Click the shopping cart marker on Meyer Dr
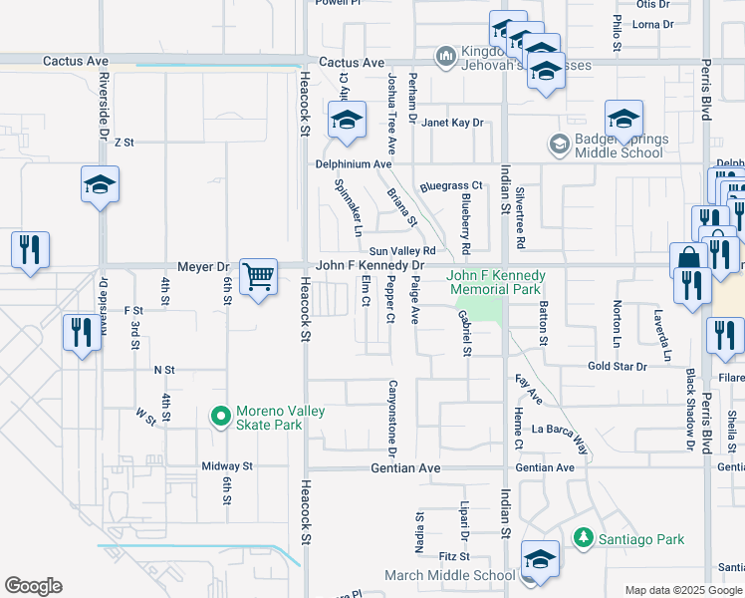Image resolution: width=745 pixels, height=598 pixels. click(x=258, y=277)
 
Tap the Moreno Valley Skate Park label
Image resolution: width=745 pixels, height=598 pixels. click(x=280, y=418)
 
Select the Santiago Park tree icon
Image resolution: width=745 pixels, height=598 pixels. click(x=584, y=538)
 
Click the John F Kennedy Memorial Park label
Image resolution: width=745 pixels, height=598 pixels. click(x=495, y=282)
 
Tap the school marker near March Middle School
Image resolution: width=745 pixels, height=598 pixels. click(x=540, y=560)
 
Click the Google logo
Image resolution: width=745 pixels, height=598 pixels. click(x=33, y=586)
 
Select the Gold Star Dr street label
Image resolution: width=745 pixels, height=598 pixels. click(x=618, y=367)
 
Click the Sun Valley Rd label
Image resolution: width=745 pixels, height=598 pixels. click(x=402, y=251)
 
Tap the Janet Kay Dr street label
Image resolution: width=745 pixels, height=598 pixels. click(x=453, y=123)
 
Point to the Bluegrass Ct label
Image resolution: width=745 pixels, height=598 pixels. click(x=451, y=185)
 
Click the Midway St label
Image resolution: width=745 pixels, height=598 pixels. click(x=227, y=465)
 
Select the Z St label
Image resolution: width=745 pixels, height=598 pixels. click(x=124, y=143)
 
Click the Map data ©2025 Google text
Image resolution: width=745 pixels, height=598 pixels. click(x=682, y=590)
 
